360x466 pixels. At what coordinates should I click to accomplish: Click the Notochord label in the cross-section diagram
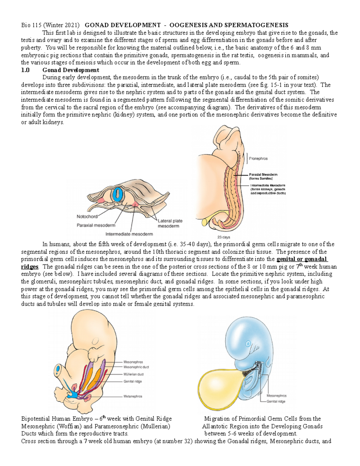click(87, 216)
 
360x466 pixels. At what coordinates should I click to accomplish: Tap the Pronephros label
click(258, 158)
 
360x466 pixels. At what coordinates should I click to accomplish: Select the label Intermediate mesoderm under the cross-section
click(129, 234)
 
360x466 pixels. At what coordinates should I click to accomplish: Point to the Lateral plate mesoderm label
click(170, 223)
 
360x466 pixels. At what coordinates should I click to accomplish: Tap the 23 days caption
click(223, 237)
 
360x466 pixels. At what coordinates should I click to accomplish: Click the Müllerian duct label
click(133, 374)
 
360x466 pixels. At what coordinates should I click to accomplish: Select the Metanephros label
click(133, 396)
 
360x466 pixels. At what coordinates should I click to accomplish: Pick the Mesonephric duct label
click(136, 367)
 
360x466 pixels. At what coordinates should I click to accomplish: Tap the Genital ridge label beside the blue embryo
click(276, 401)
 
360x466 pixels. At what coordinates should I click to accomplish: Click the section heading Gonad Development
click(70, 70)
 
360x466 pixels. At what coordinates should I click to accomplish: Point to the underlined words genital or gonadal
click(302, 259)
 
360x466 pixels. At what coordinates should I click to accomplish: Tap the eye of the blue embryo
click(248, 343)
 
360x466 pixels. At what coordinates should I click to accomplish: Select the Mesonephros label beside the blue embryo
click(276, 396)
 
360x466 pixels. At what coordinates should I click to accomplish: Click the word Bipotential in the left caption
click(35, 419)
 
